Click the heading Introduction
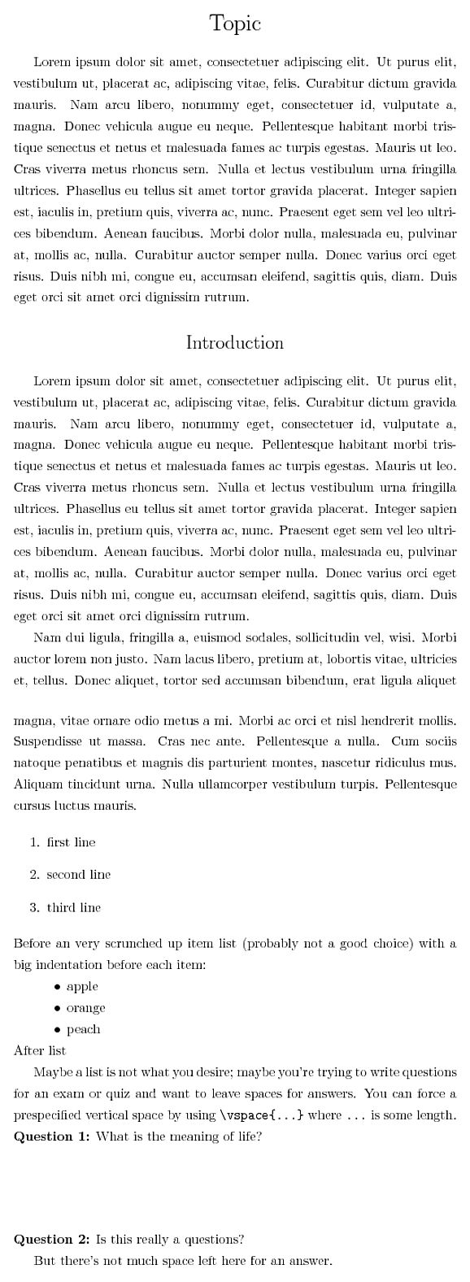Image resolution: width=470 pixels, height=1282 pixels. coord(235,342)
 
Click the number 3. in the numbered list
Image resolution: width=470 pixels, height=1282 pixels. coord(34,907)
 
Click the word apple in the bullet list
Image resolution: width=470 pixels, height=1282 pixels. coord(82,986)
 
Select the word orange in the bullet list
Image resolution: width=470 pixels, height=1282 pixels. coord(85,1008)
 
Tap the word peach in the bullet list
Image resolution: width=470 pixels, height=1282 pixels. coord(83,1029)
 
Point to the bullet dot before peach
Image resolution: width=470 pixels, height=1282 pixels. coord(58,1030)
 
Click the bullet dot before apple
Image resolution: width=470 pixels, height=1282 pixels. coord(58,987)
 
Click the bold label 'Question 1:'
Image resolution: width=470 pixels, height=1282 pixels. coord(52,1136)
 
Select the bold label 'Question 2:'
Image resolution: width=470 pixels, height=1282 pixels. coord(52,1240)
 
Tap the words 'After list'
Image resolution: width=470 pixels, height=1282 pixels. coord(40,1050)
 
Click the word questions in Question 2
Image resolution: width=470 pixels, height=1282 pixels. coord(215,1241)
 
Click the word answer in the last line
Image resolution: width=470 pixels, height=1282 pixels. coord(311,1261)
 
